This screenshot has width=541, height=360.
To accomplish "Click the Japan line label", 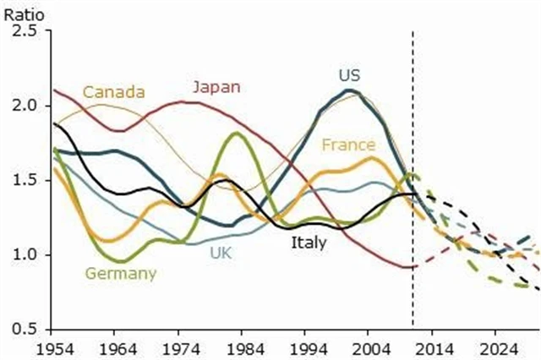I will [216, 86].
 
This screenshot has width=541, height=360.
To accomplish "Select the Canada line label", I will [113, 91].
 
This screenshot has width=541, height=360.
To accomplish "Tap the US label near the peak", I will [348, 76].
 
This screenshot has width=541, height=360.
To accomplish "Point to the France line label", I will [348, 145].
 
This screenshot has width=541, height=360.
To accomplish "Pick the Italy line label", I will [308, 243].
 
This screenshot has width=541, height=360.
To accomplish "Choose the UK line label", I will [220, 252].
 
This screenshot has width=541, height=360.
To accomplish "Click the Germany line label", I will [121, 273].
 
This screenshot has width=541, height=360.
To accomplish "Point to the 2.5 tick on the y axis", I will [25, 31].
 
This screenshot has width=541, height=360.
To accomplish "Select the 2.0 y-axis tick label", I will [25, 106].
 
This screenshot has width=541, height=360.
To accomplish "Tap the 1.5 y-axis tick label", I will [25, 180].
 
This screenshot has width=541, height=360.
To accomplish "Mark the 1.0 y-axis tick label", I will [25, 254].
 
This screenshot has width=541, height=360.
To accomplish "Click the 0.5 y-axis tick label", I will [25, 329].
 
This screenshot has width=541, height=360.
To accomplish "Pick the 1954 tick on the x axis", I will [55, 346].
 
